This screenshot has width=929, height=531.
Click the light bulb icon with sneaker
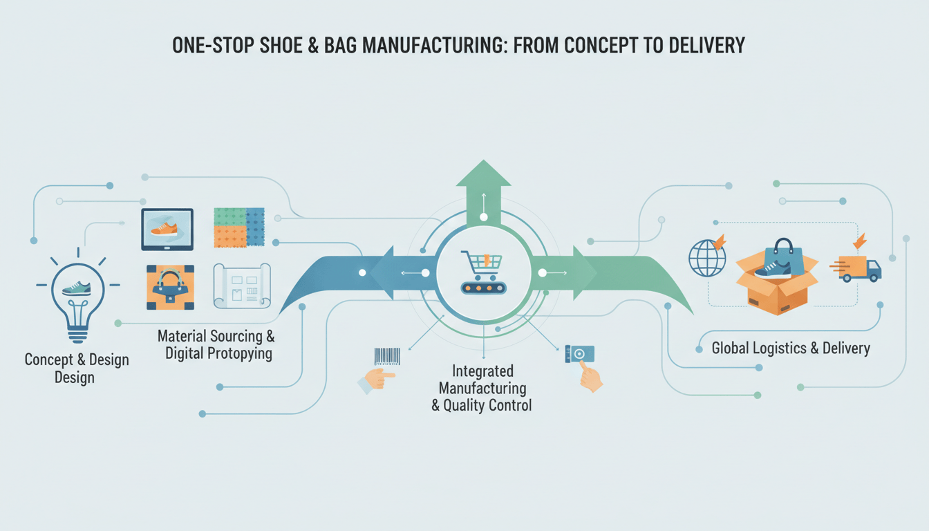(x=76, y=294)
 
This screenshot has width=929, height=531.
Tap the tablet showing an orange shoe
(x=167, y=229)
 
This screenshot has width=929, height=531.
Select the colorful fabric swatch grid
(x=239, y=227)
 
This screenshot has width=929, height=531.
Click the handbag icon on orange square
(x=170, y=287)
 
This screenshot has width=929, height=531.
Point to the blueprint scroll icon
(x=241, y=286)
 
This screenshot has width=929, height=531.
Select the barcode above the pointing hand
(x=387, y=355)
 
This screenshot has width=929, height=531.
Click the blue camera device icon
(x=579, y=354)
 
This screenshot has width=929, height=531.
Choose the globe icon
(x=707, y=259)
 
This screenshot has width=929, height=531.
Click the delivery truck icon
(x=859, y=268)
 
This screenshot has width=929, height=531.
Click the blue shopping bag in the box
(x=784, y=257)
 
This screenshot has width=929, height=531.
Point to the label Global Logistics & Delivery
(x=791, y=348)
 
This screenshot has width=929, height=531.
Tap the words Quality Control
(x=482, y=405)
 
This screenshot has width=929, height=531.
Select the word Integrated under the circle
(x=482, y=371)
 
